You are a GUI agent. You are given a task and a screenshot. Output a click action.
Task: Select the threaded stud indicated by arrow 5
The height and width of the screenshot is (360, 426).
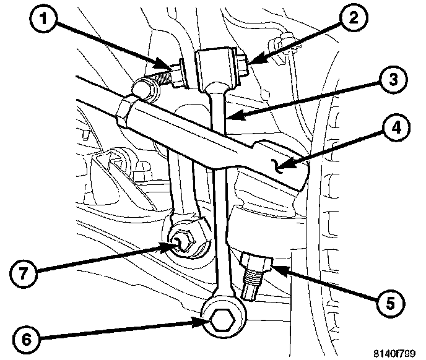click(254, 279)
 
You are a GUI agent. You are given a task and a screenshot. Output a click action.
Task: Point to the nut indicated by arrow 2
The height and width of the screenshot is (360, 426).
click(243, 62)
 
